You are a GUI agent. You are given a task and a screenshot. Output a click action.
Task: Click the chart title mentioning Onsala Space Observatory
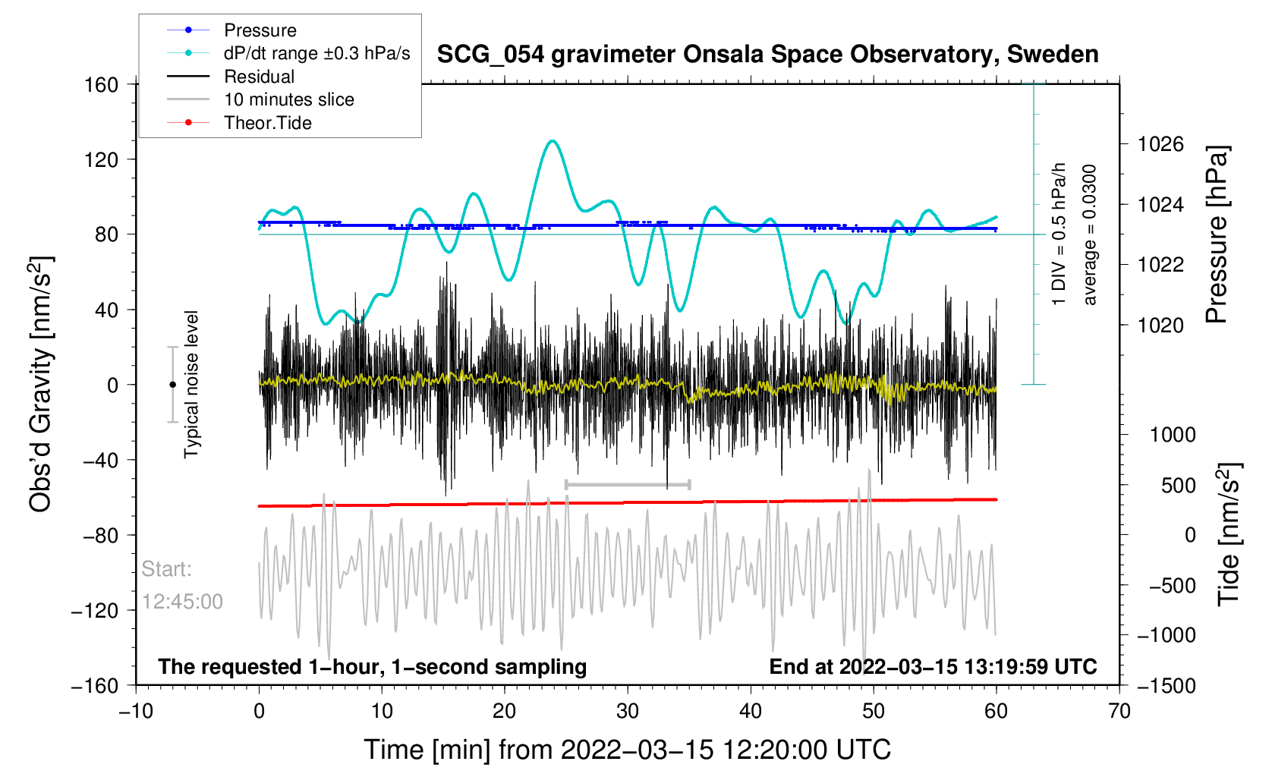click(767, 55)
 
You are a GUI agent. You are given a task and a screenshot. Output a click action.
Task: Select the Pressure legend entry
click(260, 30)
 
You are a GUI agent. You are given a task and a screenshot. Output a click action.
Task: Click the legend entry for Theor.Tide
click(267, 123)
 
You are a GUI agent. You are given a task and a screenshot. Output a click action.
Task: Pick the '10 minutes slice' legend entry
click(288, 99)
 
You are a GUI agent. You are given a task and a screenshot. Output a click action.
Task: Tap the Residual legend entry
click(259, 77)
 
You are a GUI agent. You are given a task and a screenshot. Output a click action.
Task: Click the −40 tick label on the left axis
click(102, 460)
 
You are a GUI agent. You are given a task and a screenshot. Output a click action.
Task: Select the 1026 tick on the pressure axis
click(1160, 144)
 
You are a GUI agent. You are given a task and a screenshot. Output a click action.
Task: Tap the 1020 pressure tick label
click(1160, 325)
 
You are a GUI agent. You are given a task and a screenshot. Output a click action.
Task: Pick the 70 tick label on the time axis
click(1119, 711)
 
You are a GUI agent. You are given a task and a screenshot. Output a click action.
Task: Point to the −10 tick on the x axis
click(136, 711)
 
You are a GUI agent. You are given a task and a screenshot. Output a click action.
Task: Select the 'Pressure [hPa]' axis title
click(1217, 235)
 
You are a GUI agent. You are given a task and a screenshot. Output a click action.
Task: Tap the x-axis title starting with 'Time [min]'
click(627, 750)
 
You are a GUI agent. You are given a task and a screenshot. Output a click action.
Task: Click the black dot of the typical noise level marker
click(172, 385)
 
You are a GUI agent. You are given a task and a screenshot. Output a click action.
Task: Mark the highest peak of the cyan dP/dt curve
click(553, 140)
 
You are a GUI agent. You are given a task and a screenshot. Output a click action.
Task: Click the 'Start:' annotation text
click(167, 569)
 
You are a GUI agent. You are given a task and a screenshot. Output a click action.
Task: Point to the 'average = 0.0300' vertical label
click(1090, 235)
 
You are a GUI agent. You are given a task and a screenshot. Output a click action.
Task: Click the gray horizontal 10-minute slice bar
click(627, 484)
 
